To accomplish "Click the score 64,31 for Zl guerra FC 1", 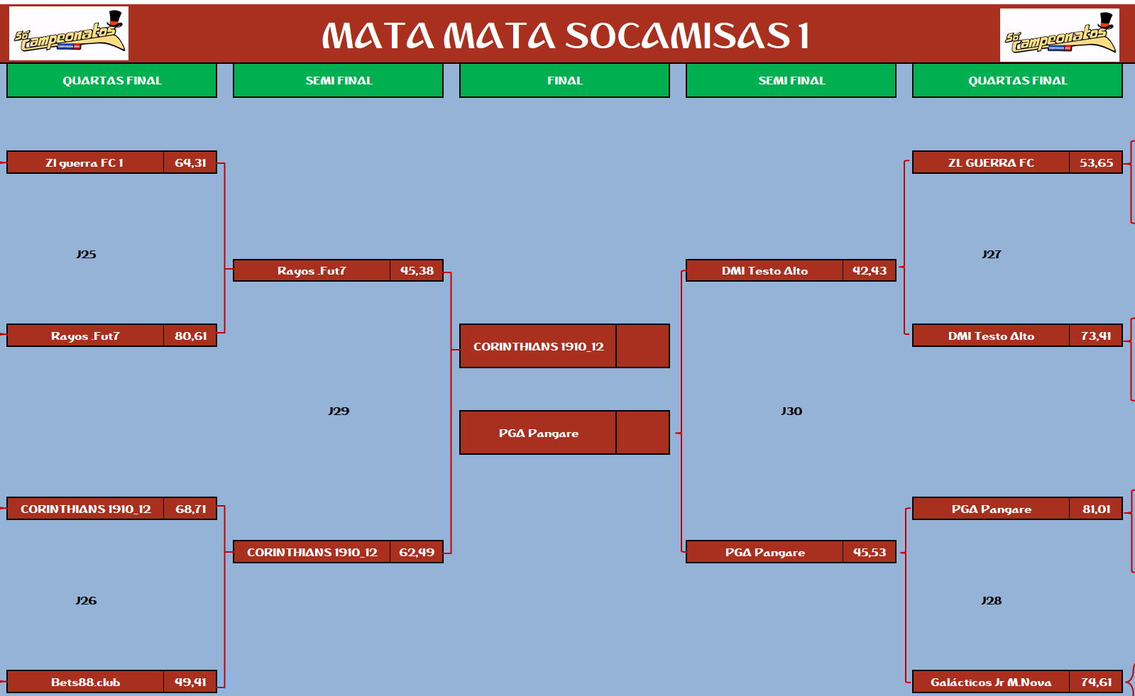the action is pos(190,162).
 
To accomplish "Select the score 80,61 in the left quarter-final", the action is pos(190,336).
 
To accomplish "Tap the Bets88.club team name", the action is pos(86,683).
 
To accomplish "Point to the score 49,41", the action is pos(190,683).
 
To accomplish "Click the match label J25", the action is pos(86,254).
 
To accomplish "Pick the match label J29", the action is pos(339,411).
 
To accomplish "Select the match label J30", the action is pos(791,411).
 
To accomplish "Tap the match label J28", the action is pos(991,601).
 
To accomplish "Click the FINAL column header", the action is pos(564,81).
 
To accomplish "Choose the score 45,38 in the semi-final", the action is pos(417,270).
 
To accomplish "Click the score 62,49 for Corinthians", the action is pos(417,552).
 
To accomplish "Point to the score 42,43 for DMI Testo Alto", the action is pos(870,270).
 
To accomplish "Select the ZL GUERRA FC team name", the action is pos(991,162).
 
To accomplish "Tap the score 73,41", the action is pos(1096,336).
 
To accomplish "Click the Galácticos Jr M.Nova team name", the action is pos(991,683).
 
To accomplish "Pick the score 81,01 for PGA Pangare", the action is pos(1097,509).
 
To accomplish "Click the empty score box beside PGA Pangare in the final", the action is pos(642,433).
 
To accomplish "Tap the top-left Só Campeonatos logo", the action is pos(69,33).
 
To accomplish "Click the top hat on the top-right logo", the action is pos(1106,21).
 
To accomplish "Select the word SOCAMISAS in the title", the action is pos(677,36).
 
